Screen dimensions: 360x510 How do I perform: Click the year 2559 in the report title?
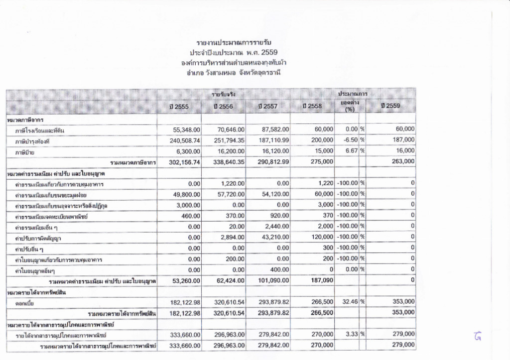269,52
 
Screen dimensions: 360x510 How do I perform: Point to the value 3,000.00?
188,206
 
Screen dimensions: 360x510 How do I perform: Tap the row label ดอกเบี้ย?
25,302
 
